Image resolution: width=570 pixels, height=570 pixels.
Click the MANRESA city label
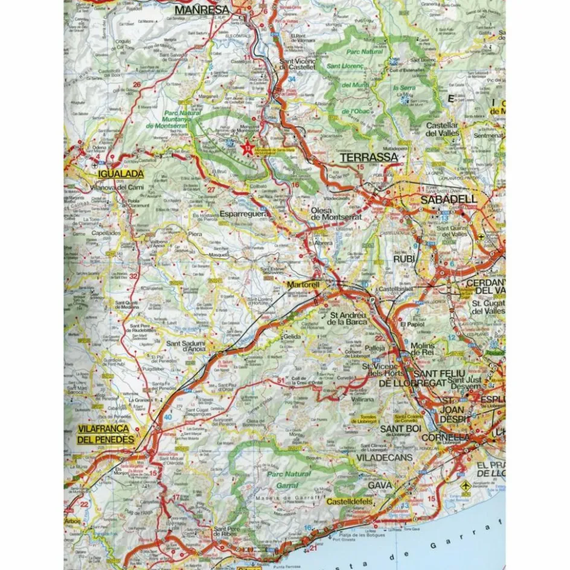202,10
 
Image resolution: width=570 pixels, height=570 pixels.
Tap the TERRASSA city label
368,158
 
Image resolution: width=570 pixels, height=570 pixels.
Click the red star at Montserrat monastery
246,147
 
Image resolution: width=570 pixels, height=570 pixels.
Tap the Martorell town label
303,284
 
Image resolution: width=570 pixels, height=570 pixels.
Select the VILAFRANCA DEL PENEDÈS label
106,434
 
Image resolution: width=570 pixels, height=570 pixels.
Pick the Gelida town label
290,336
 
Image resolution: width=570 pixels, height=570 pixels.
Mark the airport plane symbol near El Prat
465,485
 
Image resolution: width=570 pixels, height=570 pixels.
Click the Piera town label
195,233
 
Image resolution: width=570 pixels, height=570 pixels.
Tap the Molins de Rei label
422,346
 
